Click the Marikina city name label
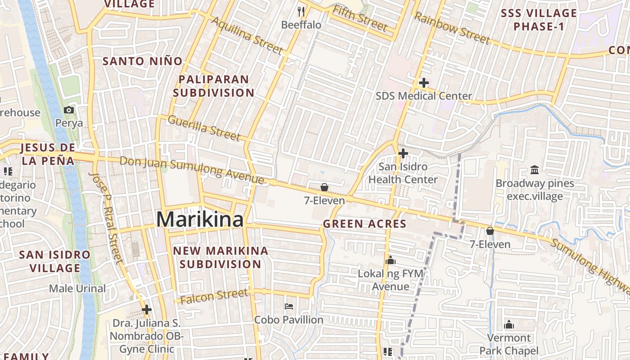coord(200,220)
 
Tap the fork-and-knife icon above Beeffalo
coord(301,11)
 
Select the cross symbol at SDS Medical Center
coord(423,83)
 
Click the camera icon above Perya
coord(69,110)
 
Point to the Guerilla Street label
coord(204,128)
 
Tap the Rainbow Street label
coord(451,28)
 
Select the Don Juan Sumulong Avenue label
coord(192,170)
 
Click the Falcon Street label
coord(214,296)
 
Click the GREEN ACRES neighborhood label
coord(364,224)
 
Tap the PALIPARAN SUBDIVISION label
coord(214,86)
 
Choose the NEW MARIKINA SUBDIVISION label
coord(220,257)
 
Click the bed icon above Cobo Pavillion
coord(289,307)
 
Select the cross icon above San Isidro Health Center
coord(403,153)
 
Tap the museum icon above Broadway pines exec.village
coord(535,170)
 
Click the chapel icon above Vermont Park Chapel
coord(509,324)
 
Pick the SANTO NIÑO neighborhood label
coord(143,61)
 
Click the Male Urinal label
coord(77,288)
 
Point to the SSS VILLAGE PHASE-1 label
coord(539,20)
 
